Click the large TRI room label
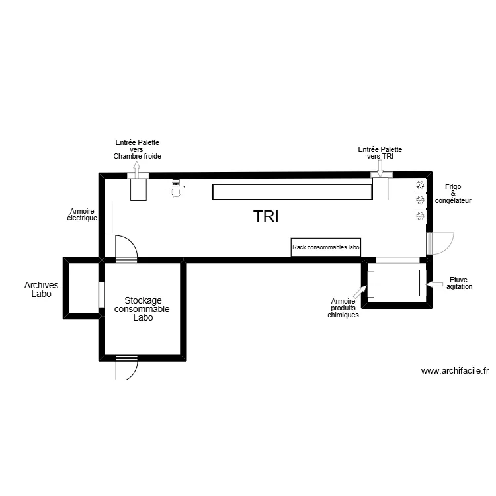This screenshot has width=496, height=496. pos(267,216)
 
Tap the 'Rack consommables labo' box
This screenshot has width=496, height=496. pos(326,247)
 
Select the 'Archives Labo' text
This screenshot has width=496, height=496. pos(41,290)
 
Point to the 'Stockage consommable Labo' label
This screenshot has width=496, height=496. pos(142,309)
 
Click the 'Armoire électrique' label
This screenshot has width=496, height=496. pos(83,214)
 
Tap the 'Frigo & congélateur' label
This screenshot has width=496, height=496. pos(453,194)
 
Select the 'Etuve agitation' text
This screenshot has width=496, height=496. pos(460,283)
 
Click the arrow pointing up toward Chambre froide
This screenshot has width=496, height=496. pos(138,169)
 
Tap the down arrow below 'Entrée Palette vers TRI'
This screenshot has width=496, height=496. pos(380,169)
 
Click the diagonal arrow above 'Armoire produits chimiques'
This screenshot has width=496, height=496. pos(359,290)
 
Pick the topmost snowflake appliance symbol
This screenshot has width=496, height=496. pos(420,186)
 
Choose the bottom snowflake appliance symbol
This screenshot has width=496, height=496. pos(420,216)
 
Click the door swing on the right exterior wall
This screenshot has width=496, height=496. pos(440,243)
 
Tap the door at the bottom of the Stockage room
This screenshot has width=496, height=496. pos(126,367)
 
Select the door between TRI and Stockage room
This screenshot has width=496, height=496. pos(126,249)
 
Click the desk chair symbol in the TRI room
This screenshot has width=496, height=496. pos(177,192)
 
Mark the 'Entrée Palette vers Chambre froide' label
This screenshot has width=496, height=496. pos(138,149)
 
